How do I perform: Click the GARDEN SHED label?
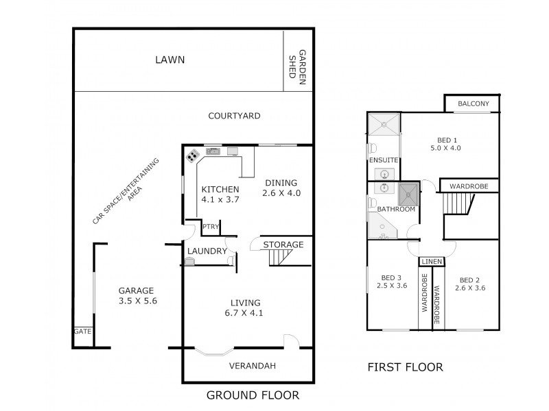click(296, 65)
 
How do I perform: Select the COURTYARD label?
click(234, 116)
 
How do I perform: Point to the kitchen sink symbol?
click(213, 151)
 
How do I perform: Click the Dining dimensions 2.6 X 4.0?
click(281, 193)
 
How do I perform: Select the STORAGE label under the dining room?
click(283, 245)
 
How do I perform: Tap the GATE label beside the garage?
click(82, 331)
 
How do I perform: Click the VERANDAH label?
click(252, 366)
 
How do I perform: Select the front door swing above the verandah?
click(290, 341)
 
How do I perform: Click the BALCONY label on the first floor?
click(474, 104)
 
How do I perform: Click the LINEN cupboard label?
click(431, 262)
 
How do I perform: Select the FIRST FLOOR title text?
click(406, 367)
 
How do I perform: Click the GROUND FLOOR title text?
click(253, 395)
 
